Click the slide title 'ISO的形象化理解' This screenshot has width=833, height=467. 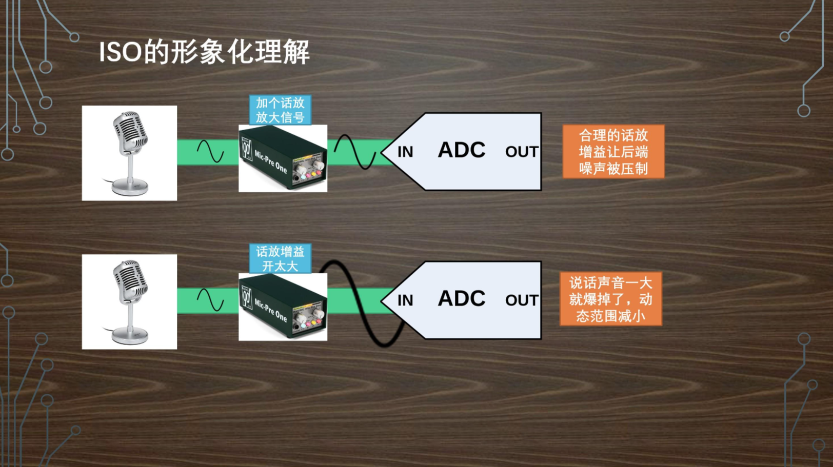click(x=204, y=52)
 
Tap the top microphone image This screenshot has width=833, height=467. click(x=129, y=153)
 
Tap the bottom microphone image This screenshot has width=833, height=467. click(x=129, y=301)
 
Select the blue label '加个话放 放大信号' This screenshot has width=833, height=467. click(x=280, y=110)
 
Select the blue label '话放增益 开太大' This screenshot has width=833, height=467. click(x=280, y=258)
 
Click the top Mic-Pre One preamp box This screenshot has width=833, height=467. click(x=283, y=159)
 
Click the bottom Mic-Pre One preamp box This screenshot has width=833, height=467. click(x=283, y=307)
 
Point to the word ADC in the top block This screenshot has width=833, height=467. click(x=461, y=150)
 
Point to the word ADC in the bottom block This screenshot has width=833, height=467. click(x=461, y=299)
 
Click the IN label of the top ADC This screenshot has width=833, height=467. click(x=405, y=152)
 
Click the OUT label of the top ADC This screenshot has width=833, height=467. click(x=521, y=152)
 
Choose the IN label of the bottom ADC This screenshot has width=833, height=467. click(x=405, y=300)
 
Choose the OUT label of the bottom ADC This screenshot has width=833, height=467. click(x=521, y=300)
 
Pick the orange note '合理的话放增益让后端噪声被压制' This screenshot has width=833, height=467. click(x=613, y=152)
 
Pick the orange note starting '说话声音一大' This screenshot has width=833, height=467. click(x=611, y=299)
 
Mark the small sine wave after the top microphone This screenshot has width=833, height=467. click(x=210, y=152)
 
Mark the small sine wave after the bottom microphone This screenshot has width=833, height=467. click(x=210, y=300)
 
